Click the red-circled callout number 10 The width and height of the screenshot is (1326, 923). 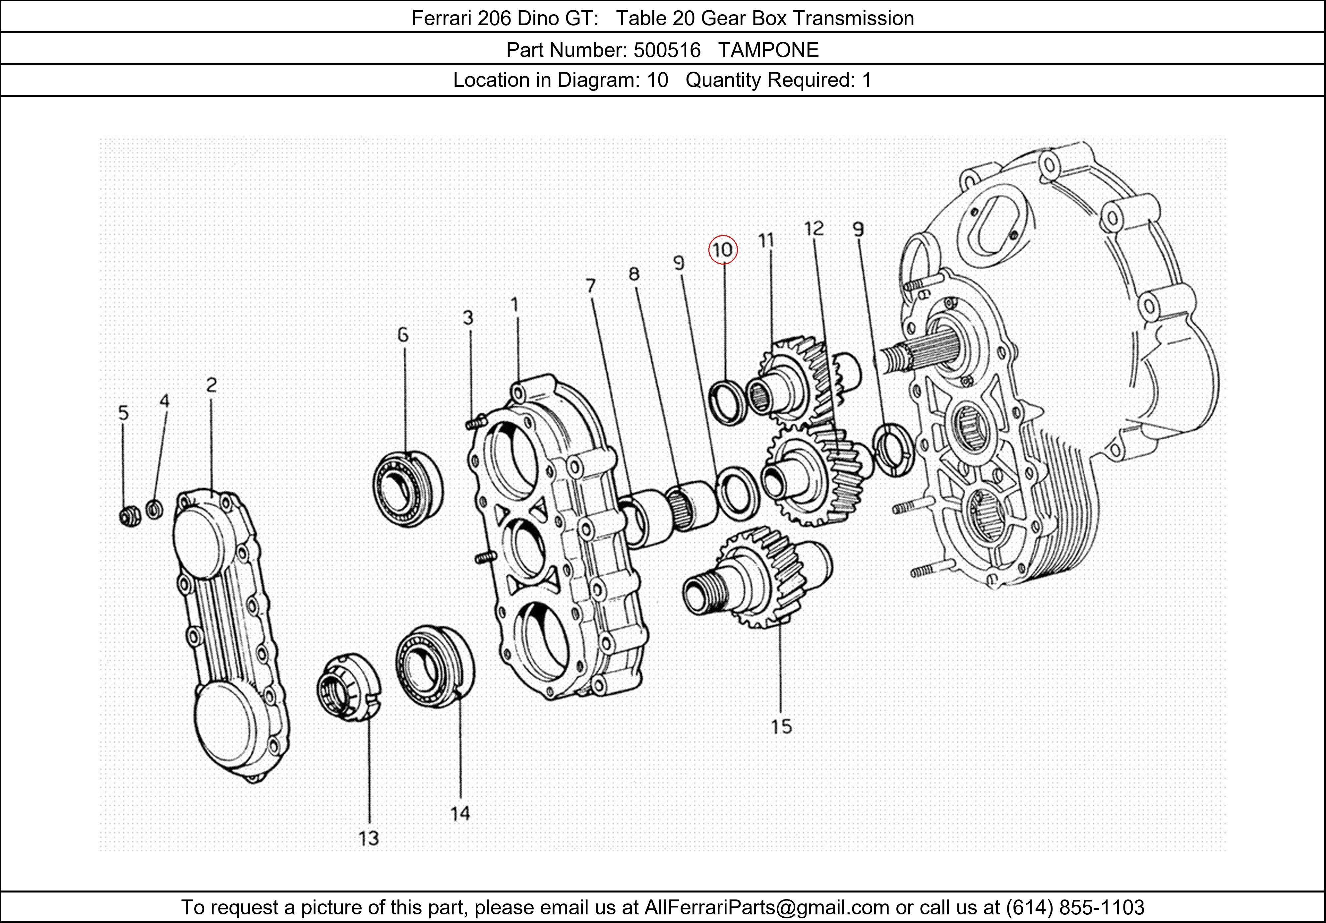[722, 250]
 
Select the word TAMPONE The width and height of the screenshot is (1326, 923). [768, 50]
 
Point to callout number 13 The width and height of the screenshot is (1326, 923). [368, 837]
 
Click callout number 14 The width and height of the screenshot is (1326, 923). [460, 813]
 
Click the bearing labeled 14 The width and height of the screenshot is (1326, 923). [434, 665]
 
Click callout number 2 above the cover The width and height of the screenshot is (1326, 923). [211, 385]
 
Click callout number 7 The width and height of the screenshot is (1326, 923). [590, 286]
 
